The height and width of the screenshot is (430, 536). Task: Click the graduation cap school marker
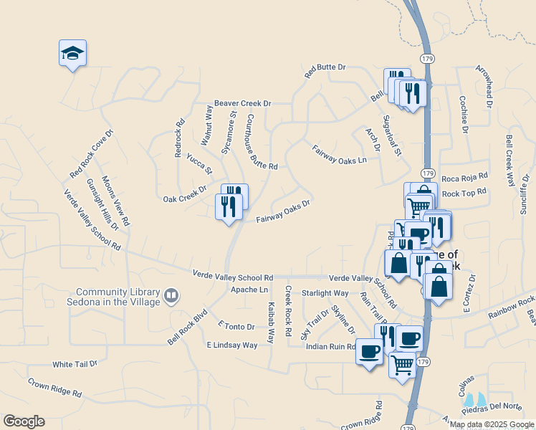[72, 53]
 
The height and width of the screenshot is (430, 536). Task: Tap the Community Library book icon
[172, 295]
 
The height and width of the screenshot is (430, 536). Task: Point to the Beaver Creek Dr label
[242, 104]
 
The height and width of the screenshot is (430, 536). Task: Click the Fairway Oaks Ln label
[340, 155]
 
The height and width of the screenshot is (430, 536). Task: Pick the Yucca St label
[199, 164]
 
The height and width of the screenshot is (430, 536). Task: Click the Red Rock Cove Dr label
[92, 155]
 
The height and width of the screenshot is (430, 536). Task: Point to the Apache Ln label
[249, 290]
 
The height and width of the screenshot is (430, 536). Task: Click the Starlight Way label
[325, 293]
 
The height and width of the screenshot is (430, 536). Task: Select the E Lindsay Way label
[231, 345]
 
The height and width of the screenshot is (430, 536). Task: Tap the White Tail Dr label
[74, 363]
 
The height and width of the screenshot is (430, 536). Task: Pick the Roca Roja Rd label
[464, 176]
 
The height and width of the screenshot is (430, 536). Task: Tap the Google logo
[24, 421]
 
